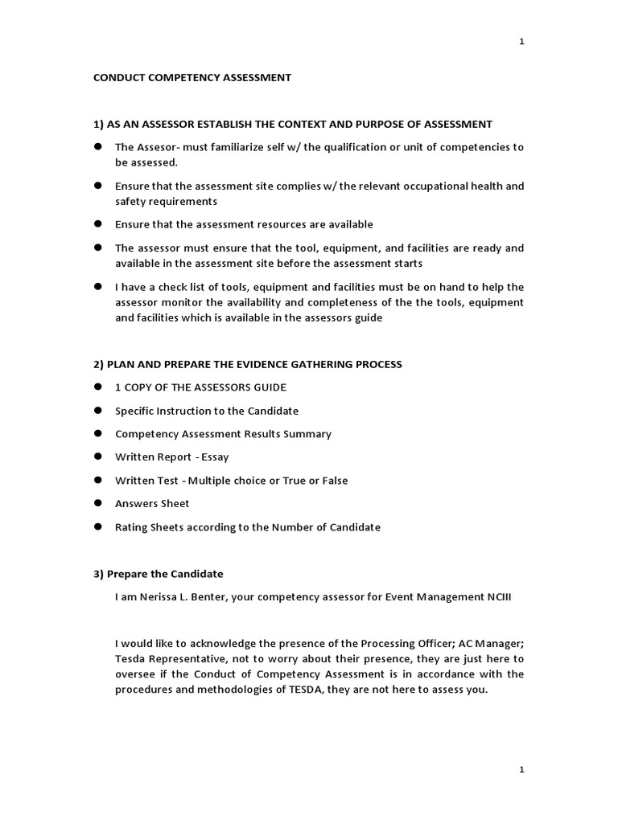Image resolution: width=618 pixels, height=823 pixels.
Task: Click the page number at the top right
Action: pos(521,42)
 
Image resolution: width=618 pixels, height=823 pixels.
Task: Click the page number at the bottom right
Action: pos(521,770)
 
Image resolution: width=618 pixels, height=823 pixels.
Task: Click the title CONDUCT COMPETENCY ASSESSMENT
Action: pos(192,78)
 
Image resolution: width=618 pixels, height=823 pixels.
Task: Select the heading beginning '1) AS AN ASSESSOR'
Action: pos(293,124)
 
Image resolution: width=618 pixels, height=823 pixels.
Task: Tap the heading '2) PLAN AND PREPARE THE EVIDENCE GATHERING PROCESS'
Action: pos(248,364)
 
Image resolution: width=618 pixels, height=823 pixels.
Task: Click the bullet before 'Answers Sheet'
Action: pos(98,503)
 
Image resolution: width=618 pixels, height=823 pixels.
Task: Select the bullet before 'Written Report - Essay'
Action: pos(98,457)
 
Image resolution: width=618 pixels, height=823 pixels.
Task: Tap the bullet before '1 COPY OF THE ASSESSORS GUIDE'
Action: pos(98,387)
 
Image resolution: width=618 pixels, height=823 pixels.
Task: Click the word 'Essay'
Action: pos(216,457)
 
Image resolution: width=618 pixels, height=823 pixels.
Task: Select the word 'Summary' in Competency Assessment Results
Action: pos(307,434)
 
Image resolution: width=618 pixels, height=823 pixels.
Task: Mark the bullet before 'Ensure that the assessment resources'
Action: pos(98,224)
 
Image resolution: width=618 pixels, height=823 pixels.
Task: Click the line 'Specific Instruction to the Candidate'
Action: pos(207,411)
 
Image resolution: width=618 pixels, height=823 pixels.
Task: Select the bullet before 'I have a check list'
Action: pos(98,286)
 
